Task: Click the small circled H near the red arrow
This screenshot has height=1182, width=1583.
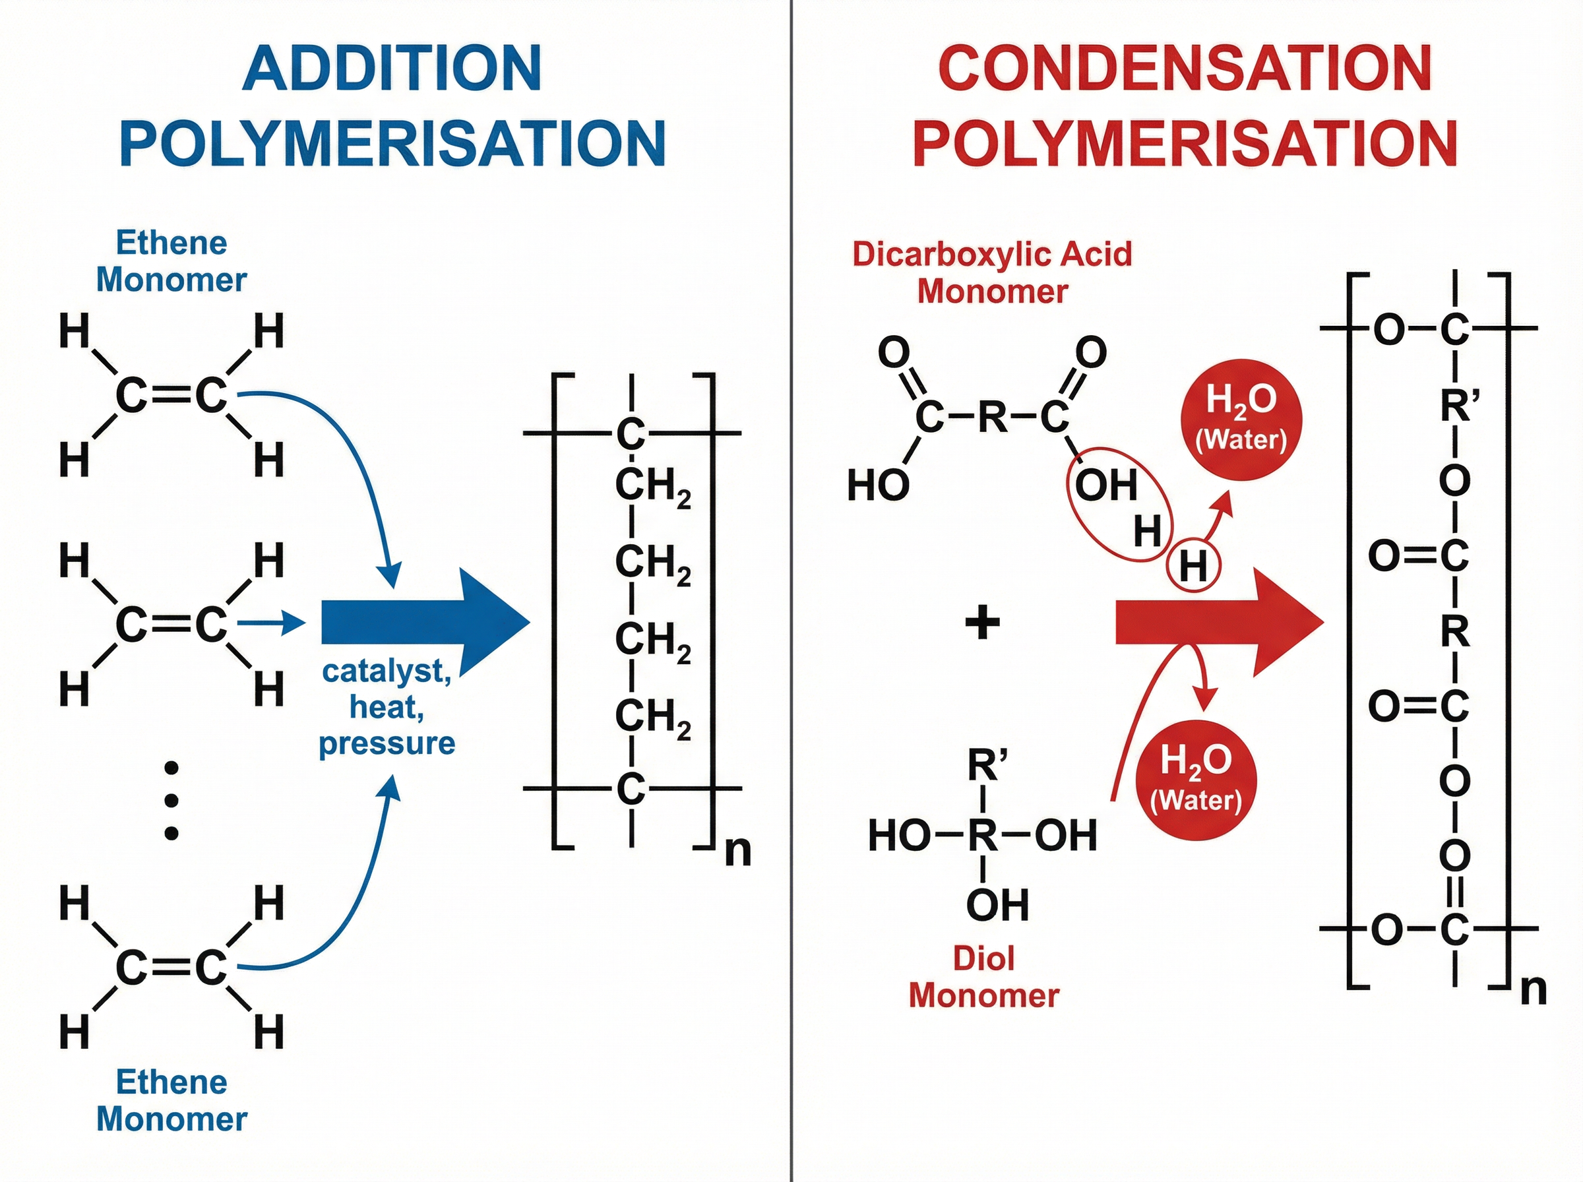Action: click(x=1193, y=566)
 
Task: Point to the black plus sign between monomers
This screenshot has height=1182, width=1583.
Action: click(x=982, y=622)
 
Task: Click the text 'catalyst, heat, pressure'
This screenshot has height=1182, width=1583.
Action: click(x=387, y=707)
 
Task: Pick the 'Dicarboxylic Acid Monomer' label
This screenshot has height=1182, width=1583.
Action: click(x=992, y=272)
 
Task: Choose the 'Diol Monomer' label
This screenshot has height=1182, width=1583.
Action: click(x=983, y=977)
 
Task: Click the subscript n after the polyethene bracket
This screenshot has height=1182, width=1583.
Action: click(x=737, y=851)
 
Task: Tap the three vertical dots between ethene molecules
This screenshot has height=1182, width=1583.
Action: click(x=171, y=801)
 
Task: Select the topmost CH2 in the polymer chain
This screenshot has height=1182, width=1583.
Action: click(x=652, y=487)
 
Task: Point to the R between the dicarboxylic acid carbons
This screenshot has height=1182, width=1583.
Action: click(x=992, y=417)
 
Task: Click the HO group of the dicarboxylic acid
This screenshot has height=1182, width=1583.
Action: click(x=878, y=486)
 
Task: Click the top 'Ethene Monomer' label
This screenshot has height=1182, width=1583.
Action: click(x=171, y=261)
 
